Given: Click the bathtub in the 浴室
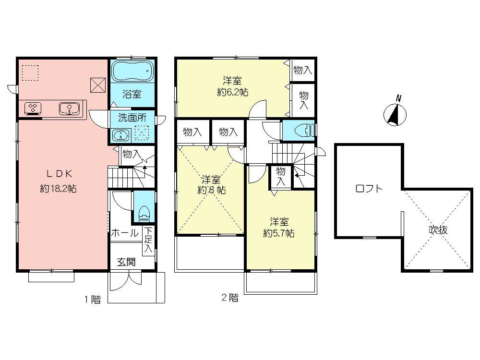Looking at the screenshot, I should click(132, 72).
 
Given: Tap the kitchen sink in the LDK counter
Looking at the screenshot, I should click(69, 108).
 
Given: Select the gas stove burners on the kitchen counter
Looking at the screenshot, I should click(33, 108).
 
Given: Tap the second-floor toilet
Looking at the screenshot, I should click(303, 130).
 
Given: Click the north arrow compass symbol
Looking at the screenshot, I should click(396, 114).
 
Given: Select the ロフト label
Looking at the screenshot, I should click(369, 189).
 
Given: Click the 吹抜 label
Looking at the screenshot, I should click(438, 230).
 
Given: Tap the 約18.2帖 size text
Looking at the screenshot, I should click(58, 189).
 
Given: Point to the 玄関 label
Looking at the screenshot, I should click(126, 262).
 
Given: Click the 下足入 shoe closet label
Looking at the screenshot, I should click(148, 240).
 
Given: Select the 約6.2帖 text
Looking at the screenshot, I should click(232, 92).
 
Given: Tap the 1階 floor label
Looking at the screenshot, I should click(93, 300).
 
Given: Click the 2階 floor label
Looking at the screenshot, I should click(229, 298).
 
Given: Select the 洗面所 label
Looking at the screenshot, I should click(130, 117).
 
